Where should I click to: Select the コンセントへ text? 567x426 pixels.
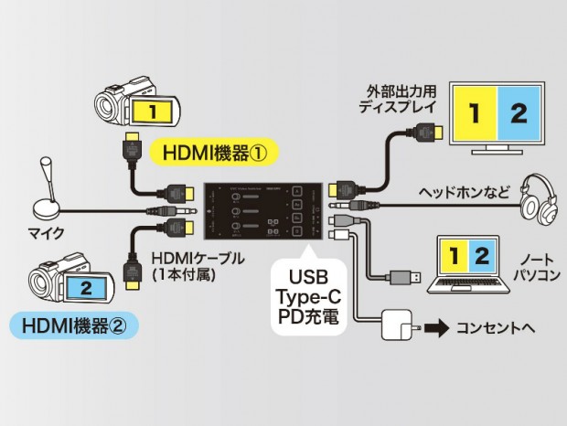tap(495, 327)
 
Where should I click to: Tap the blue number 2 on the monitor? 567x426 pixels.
tap(519, 113)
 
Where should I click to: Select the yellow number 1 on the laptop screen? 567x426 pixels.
tap(455, 255)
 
